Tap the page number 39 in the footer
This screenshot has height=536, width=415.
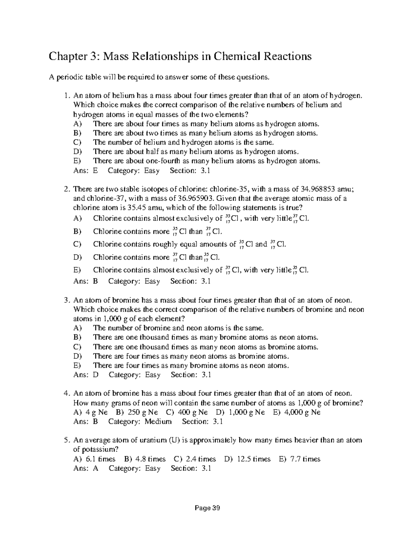216,508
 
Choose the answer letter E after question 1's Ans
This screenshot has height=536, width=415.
96,170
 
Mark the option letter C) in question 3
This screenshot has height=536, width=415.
77,347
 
